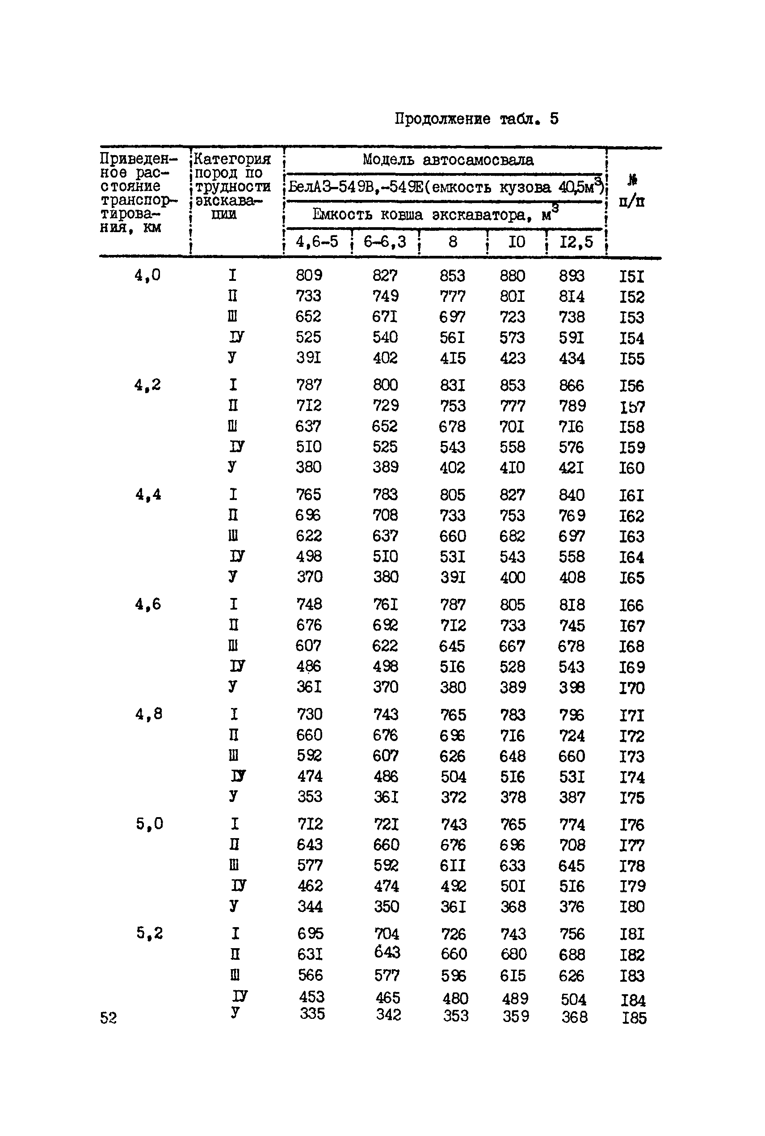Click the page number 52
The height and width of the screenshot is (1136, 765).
coord(108,1018)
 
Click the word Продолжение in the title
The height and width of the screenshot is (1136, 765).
coord(442,119)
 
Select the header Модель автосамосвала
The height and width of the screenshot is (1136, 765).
coord(448,160)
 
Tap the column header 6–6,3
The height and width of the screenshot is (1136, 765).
coord(384,242)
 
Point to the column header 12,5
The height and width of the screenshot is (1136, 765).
coord(576,242)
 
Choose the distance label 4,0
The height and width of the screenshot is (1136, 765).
coord(147,276)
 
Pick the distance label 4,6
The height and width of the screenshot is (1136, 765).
coord(148,605)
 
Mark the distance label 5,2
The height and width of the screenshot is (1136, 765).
coord(149,933)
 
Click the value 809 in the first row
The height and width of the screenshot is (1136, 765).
coord(309,276)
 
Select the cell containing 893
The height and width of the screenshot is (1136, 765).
coord(572,276)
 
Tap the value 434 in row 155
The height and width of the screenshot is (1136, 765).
coord(572,359)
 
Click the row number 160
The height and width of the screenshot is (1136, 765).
coord(632,468)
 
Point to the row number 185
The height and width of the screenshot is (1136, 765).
coord(634,1018)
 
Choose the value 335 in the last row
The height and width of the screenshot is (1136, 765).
coord(312,1014)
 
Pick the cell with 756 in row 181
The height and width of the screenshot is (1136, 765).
coord(572,934)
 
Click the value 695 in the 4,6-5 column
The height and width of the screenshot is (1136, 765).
coord(310,933)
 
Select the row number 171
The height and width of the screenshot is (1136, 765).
coord(632,716)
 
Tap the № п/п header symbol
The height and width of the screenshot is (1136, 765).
coord(632,180)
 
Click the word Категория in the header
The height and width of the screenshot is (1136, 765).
coord(232,159)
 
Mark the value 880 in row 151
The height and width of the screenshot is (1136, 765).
coord(512,276)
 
